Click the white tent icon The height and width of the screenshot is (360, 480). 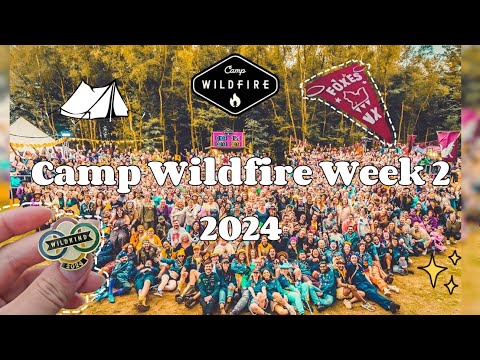[95, 101]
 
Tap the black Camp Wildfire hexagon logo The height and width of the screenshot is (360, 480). [234, 85]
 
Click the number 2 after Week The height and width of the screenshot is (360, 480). [433, 174]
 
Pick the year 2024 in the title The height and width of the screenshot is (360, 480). [240, 229]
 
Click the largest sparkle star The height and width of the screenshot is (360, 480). [434, 269]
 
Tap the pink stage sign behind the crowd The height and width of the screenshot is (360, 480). [228, 139]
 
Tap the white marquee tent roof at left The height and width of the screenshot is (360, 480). [30, 130]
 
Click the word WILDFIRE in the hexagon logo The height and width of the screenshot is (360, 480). [234, 84]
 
